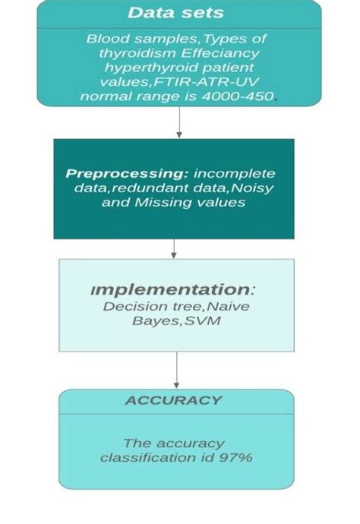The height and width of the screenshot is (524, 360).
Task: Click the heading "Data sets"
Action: tap(175, 13)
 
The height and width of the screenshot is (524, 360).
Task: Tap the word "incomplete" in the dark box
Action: tap(235, 173)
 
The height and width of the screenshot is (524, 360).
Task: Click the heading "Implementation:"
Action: tap(171, 289)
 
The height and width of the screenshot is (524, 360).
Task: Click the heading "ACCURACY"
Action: tap(173, 400)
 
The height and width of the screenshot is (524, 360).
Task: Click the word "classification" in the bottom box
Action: tap(143, 457)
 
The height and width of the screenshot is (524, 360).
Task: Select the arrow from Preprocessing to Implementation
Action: tap(174, 248)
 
